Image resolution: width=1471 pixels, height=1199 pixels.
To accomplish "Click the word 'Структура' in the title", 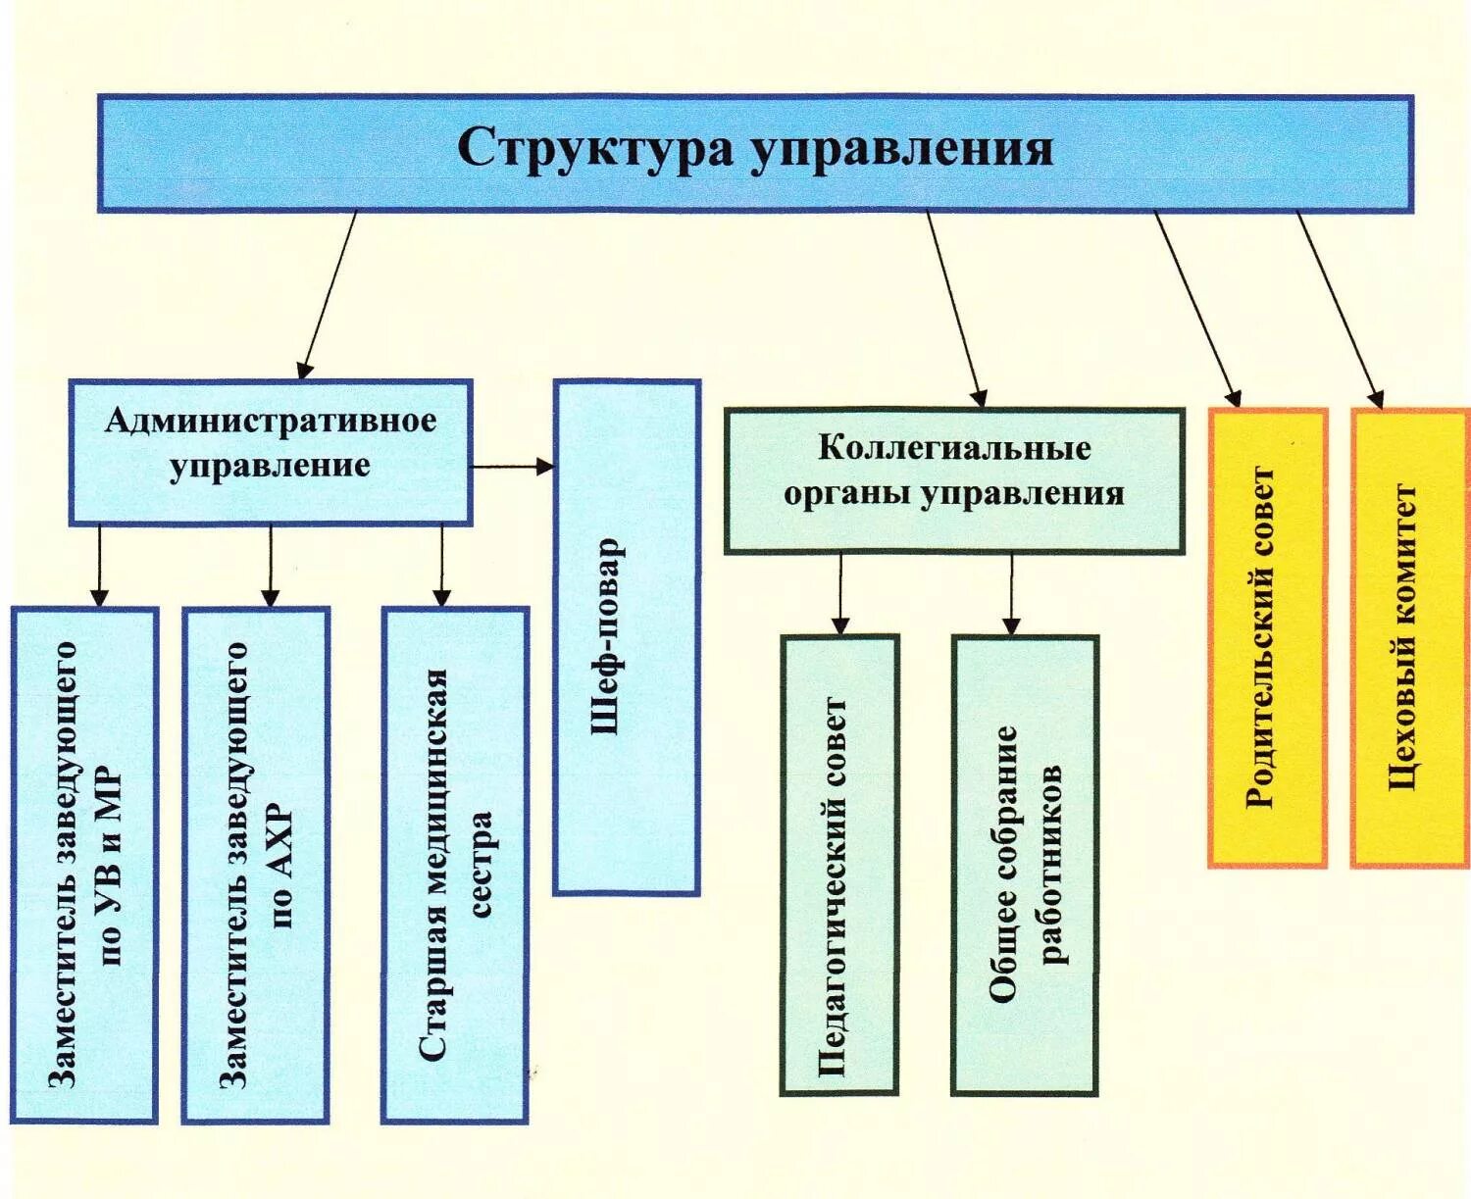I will [x=594, y=150].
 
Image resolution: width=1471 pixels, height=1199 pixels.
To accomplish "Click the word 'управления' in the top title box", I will [x=902, y=150].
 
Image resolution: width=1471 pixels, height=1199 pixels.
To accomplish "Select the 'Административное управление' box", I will [x=270, y=451].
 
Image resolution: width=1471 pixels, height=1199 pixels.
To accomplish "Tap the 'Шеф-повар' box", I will [x=627, y=637].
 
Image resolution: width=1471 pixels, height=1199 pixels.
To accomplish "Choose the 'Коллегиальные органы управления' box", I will [x=953, y=480].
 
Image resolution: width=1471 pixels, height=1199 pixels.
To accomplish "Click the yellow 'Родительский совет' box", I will [x=1267, y=637].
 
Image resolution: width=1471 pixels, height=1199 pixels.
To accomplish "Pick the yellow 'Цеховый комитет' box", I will [x=1409, y=637].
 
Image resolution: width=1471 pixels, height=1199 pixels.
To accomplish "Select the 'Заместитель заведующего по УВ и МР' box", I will [x=84, y=864].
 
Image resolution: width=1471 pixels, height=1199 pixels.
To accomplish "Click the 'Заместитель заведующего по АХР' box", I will [x=255, y=864].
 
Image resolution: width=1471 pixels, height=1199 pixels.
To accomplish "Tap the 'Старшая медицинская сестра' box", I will [x=454, y=864].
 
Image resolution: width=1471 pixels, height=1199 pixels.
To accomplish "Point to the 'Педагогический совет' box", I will [x=838, y=864].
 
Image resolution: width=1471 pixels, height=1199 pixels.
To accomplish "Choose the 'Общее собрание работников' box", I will [x=1024, y=864].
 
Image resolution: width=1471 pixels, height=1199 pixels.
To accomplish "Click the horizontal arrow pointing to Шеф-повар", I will [x=512, y=467].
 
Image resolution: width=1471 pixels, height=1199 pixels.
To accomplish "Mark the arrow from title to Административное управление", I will [x=330, y=294].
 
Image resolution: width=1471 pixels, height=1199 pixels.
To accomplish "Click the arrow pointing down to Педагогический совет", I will [x=840, y=593].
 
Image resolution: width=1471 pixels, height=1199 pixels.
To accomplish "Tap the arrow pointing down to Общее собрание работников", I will [x=1011, y=593].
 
